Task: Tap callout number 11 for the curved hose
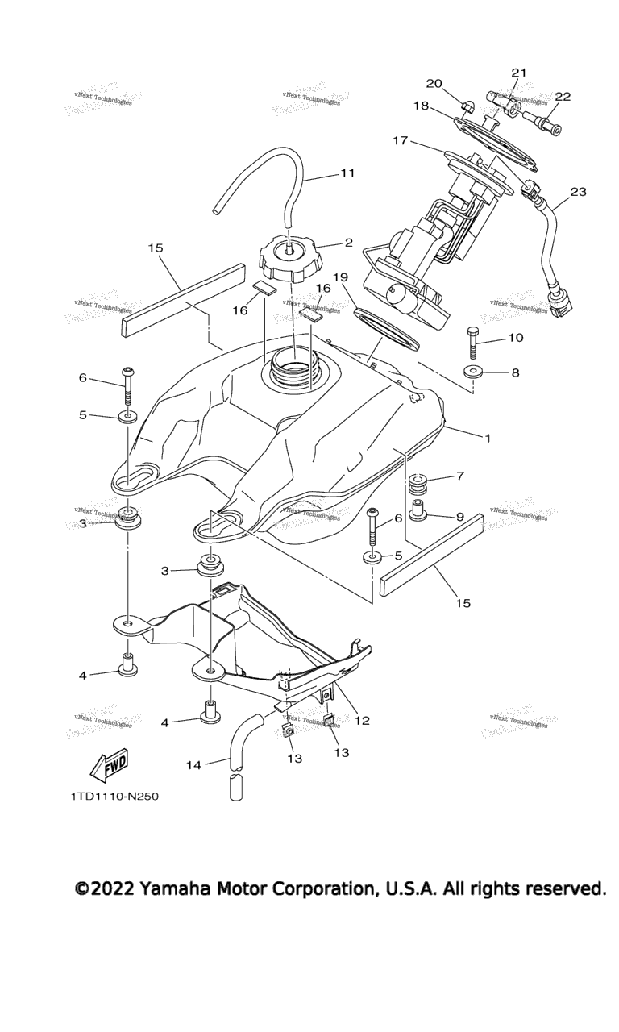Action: (x=347, y=173)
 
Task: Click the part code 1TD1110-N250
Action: (x=114, y=797)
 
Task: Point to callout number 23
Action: (x=578, y=192)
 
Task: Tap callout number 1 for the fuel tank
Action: (x=487, y=437)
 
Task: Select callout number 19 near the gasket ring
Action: (x=340, y=277)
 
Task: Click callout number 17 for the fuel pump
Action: (x=401, y=140)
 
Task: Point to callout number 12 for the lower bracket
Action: (x=362, y=720)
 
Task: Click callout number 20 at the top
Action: (x=434, y=83)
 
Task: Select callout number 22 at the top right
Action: (x=562, y=97)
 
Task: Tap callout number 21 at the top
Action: (x=518, y=73)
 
